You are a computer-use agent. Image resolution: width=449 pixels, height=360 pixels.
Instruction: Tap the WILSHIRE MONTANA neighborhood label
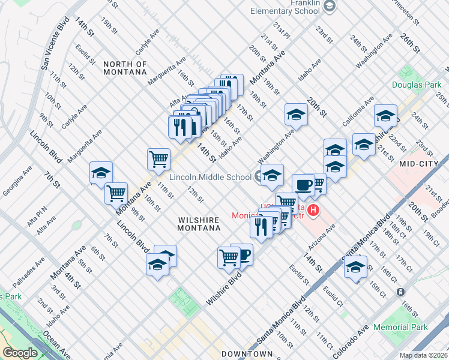pyautogui.click(x=199, y=224)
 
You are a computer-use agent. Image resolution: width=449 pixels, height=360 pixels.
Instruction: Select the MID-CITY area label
pyautogui.click(x=419, y=163)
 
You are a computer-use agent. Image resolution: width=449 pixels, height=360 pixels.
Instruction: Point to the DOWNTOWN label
pyautogui.click(x=247, y=354)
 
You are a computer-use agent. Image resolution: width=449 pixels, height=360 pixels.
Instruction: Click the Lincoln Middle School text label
pyautogui.click(x=210, y=177)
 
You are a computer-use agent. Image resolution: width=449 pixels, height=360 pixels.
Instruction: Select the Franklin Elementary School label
pyautogui.click(x=288, y=7)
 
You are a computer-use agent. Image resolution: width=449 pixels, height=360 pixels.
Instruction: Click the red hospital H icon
pyautogui.click(x=315, y=211)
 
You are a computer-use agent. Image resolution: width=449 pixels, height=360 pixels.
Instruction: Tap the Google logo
pyautogui.click(x=20, y=353)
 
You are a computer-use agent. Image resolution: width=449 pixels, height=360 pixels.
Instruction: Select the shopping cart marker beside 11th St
pyautogui.click(x=158, y=159)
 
